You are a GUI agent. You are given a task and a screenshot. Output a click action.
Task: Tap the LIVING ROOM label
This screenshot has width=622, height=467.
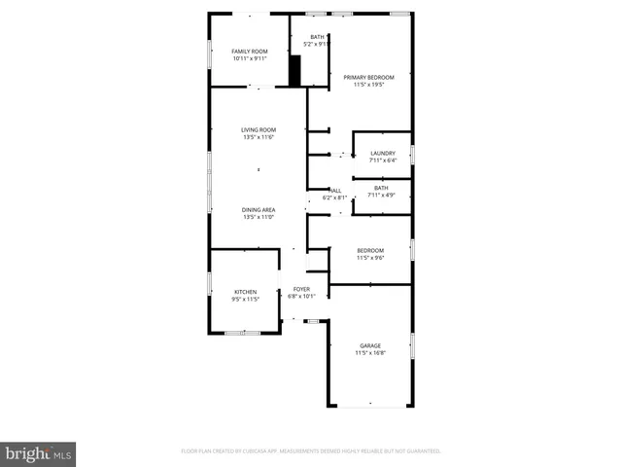pos(259,129)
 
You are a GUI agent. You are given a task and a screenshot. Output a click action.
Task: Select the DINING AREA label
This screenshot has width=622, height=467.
pos(259,209)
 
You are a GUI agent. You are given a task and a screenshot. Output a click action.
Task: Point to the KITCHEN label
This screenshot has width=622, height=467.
pos(245,292)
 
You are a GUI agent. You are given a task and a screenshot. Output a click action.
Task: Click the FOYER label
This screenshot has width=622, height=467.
pos(302,289)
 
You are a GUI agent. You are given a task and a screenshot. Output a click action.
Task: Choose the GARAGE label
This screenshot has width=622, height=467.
pos(370,345)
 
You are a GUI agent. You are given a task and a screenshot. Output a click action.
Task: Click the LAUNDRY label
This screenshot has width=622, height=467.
pos(382,153)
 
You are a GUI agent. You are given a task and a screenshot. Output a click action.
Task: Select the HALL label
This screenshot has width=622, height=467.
pos(335,190)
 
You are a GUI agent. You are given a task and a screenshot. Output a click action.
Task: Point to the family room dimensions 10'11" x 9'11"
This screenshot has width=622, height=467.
pos(250,58)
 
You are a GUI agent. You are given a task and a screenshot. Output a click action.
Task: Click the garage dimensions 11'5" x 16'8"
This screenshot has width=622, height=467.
pos(370,353)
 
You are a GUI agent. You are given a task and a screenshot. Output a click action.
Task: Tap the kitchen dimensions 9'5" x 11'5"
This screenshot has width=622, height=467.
pos(245,300)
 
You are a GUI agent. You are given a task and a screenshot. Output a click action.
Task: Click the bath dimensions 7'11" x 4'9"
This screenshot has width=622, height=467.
pos(381,196)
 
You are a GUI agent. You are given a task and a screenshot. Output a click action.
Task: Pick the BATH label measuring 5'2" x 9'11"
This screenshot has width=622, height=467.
pos(317,36)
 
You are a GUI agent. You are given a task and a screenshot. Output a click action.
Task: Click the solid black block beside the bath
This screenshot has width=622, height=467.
pos(296,70)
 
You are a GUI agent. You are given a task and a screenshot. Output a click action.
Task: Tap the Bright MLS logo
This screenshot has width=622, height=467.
pos(39,453)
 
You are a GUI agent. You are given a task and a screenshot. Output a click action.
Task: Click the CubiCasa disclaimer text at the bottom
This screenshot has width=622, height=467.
pos(311,451)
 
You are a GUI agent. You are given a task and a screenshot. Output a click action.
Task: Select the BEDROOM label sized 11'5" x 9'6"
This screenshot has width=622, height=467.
pos(370,250)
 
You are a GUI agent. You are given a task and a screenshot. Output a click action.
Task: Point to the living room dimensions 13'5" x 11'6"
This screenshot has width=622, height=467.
pos(259,137)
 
